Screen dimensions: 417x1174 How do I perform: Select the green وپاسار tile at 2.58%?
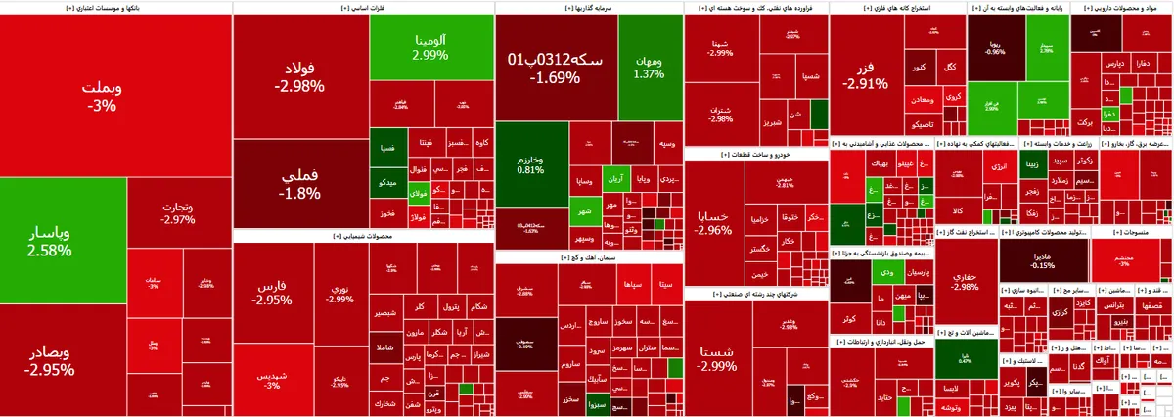pos(64,240)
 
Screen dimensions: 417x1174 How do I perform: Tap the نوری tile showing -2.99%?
pos(339,293)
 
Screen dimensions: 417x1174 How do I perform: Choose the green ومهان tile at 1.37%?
pos(649,68)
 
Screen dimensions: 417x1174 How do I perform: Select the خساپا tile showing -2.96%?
pos(712,223)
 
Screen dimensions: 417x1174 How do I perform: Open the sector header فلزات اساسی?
pos(363,7)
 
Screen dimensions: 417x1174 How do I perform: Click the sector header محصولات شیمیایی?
pos(363,236)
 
